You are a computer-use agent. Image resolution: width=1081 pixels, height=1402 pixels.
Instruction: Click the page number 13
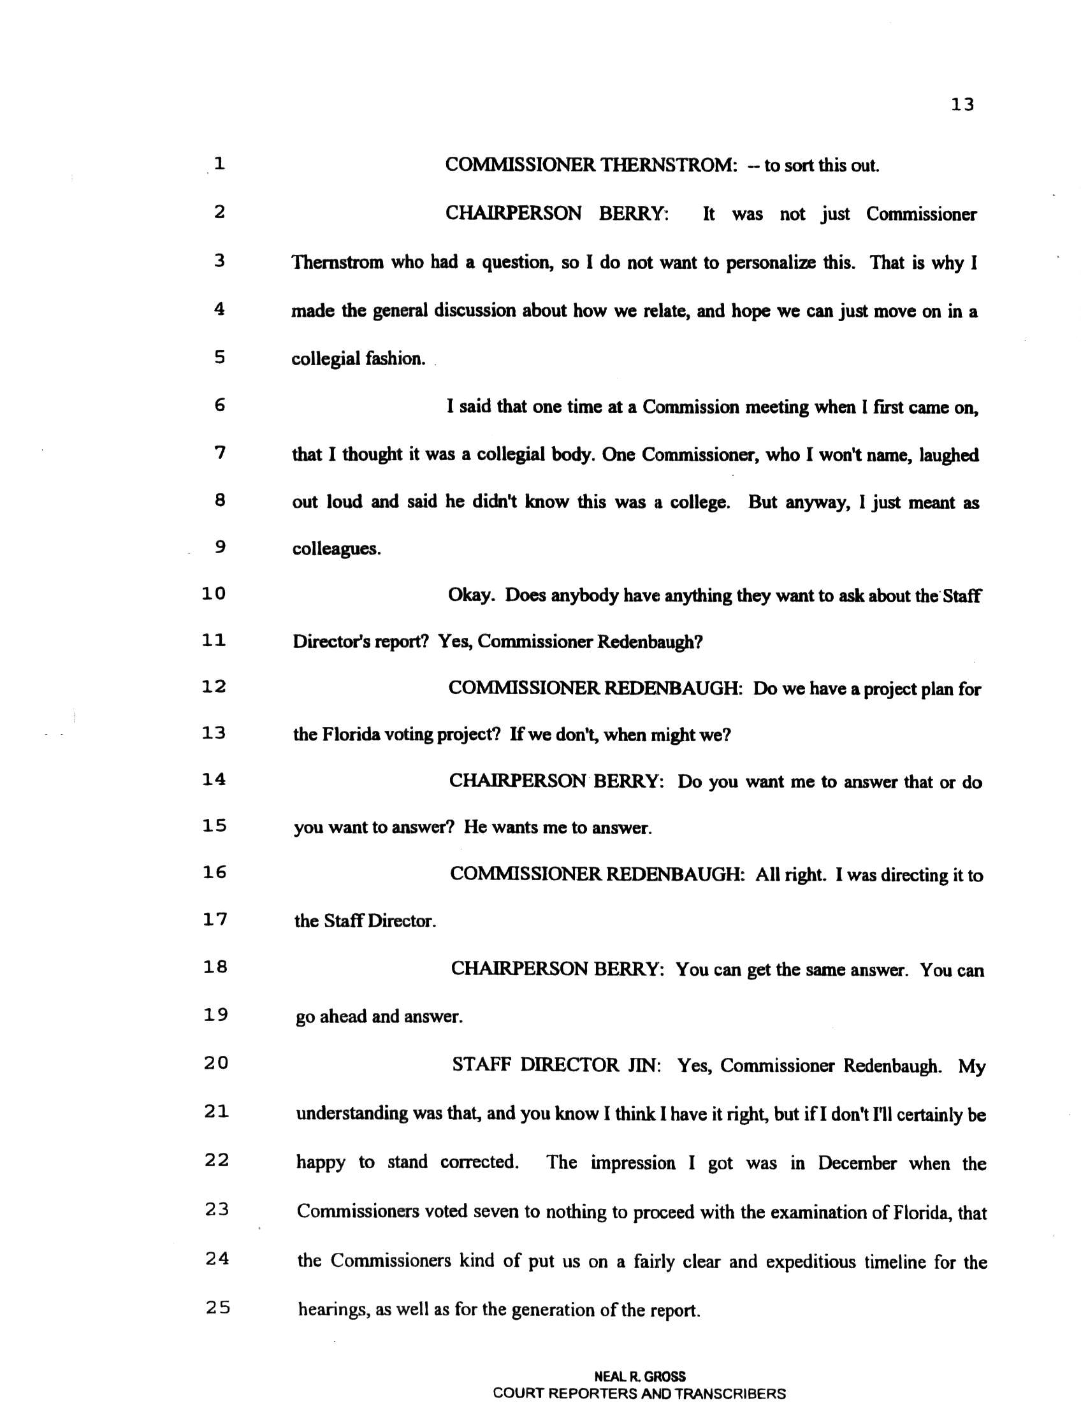coord(962,105)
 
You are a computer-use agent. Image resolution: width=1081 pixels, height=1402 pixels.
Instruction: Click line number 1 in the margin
coord(219,164)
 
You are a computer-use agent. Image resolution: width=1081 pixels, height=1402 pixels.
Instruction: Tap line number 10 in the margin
coord(214,594)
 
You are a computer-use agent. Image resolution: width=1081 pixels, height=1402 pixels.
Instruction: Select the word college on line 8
coord(700,503)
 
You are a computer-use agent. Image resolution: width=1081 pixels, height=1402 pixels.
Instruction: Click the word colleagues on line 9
coord(336,549)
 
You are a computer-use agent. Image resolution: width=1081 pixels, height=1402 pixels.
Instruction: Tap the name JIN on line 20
coord(642,1065)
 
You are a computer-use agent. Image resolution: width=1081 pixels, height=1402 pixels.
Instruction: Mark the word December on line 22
coord(857,1164)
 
